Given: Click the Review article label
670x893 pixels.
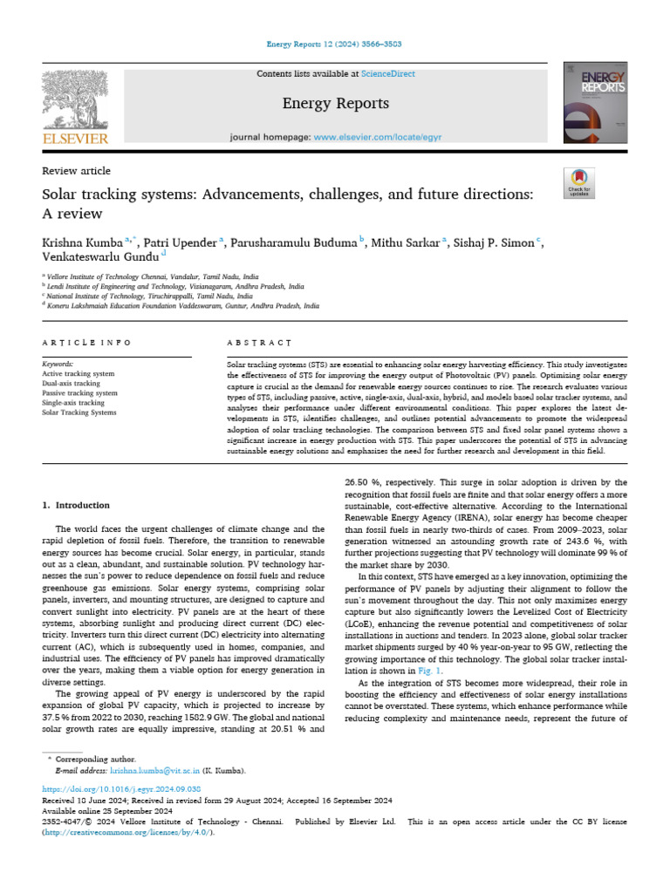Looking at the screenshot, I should pyautogui.click(x=77, y=171).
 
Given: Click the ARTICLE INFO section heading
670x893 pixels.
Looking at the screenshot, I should pyautogui.click(x=87, y=344).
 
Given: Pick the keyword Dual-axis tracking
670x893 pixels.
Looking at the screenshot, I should pyautogui.click(x=72, y=384).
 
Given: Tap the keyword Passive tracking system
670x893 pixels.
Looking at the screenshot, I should pyautogui.click(x=79, y=393).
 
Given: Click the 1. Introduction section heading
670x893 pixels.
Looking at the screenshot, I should pyautogui.click(x=77, y=505).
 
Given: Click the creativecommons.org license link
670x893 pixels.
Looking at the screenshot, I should pyautogui.click(x=126, y=832).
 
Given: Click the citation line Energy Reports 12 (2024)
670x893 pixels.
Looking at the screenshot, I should pyautogui.click(x=335, y=44).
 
